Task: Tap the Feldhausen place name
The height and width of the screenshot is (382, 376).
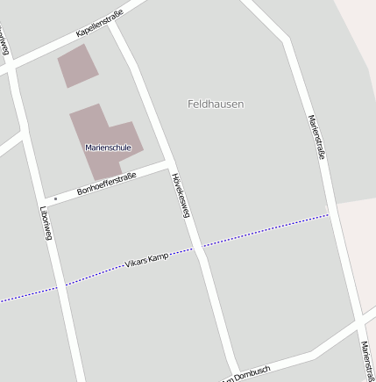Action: pos(216,104)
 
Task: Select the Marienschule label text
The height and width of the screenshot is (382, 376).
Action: pos(108,148)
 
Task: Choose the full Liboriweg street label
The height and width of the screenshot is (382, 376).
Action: pos(46,223)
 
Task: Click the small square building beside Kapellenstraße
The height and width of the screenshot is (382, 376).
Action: pos(77,66)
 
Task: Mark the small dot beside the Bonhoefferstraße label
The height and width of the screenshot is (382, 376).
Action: pos(55,198)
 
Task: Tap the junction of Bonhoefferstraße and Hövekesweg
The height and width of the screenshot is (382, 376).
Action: pos(168,163)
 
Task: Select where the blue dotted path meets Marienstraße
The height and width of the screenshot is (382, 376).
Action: pos(331,213)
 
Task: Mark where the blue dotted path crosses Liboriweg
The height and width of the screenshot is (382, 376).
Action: pos(60,286)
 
